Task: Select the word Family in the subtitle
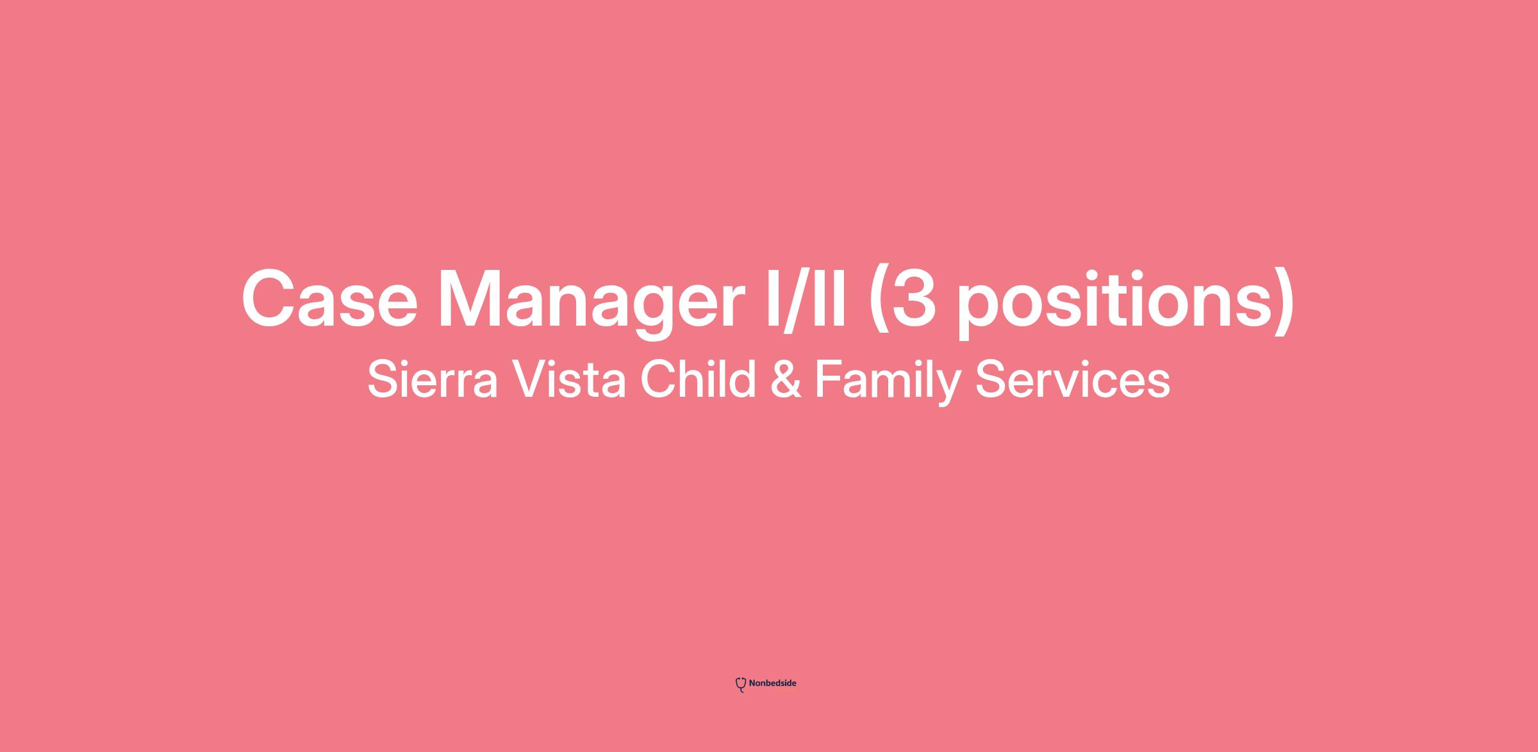coord(888,383)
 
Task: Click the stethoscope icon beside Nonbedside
coord(741,685)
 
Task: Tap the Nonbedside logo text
coord(772,683)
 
